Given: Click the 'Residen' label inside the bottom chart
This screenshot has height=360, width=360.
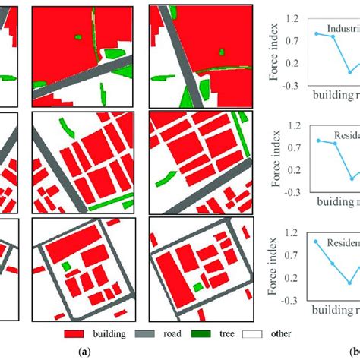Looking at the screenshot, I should (342, 242).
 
